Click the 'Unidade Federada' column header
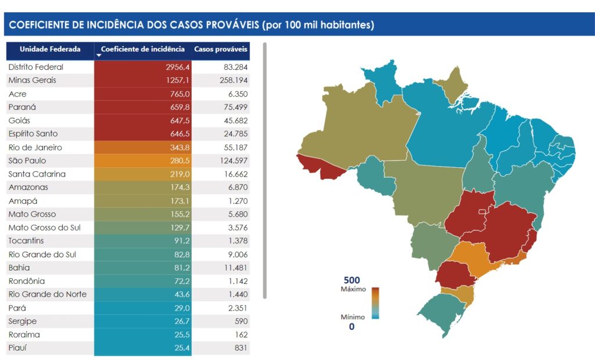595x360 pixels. coord(50,49)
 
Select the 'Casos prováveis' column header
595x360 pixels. coord(221,49)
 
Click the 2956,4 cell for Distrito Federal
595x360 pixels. coord(142,67)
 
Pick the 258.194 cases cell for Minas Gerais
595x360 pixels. coord(221,80)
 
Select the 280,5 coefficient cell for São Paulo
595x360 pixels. coord(142,160)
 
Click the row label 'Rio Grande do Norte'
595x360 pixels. coord(48,294)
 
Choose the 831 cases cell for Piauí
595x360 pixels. coord(221,348)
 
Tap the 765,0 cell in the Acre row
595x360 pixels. coord(142,93)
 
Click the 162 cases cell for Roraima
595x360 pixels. coord(221,334)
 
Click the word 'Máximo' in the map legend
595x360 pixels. coord(353,289)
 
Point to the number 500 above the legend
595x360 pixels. coord(352,280)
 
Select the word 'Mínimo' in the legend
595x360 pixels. coord(353,317)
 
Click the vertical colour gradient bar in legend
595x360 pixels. coord(376,303)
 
